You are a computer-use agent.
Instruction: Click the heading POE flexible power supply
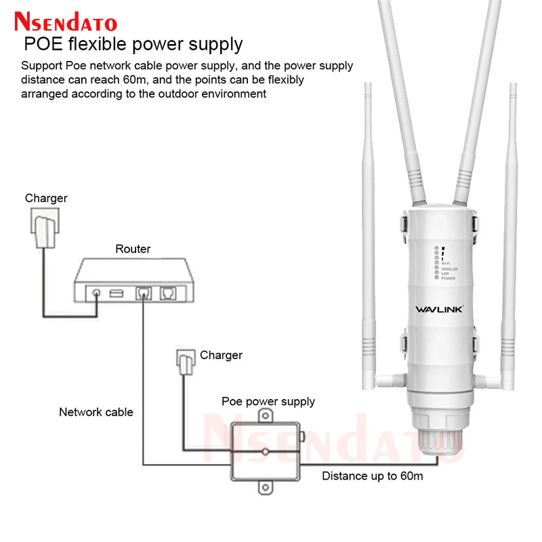(x=133, y=45)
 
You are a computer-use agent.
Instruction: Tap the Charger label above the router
(x=46, y=199)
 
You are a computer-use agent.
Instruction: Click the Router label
(x=133, y=249)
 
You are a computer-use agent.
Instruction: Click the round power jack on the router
(x=96, y=293)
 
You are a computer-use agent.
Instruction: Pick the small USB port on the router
(x=116, y=293)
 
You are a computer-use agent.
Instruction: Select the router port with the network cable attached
(x=143, y=293)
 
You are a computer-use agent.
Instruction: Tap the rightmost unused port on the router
(x=167, y=293)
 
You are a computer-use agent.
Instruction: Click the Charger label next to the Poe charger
(x=221, y=355)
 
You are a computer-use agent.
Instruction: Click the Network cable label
(x=96, y=412)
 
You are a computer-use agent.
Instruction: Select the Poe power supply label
(x=268, y=401)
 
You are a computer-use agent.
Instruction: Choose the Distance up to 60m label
(x=372, y=476)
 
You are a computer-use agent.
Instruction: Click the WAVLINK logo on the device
(x=438, y=310)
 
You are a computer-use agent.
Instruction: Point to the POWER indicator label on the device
(x=448, y=278)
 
